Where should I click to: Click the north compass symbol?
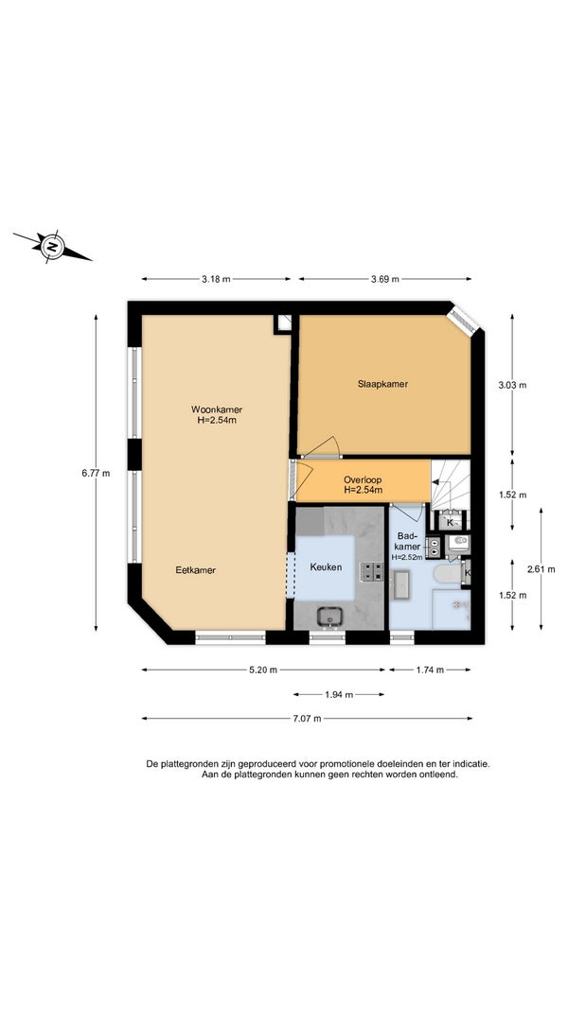[x=51, y=246]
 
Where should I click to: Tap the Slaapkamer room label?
[x=383, y=384]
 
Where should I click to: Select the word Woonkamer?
[x=217, y=409]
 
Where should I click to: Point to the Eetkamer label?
[x=196, y=570]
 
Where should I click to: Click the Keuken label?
[x=326, y=567]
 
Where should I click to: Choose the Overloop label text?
[x=364, y=479]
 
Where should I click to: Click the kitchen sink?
[x=329, y=617]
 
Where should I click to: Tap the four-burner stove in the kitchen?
[x=372, y=571]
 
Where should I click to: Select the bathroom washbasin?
[x=401, y=585]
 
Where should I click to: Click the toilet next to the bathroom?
[x=458, y=543]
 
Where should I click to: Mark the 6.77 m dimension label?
[x=96, y=473]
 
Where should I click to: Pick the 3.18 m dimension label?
[x=216, y=279]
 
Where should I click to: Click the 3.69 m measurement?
[x=385, y=279]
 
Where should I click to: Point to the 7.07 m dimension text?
[x=307, y=718]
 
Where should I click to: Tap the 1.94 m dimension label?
[x=339, y=694]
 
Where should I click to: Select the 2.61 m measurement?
[x=541, y=569]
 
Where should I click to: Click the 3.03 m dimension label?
[x=512, y=385]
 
